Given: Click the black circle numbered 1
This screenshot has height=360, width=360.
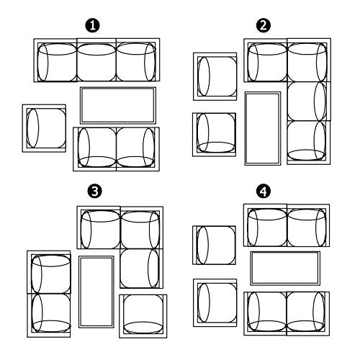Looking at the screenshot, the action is pyautogui.click(x=92, y=25).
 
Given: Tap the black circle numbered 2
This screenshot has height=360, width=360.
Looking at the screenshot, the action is pyautogui.click(x=264, y=25).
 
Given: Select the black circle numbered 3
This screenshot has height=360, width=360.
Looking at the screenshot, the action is pyautogui.click(x=94, y=192).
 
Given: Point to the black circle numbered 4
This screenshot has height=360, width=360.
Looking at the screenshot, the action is pyautogui.click(x=264, y=192).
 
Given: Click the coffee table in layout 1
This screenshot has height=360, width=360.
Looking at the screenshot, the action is pyautogui.click(x=118, y=105).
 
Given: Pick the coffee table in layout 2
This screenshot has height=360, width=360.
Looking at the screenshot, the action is pyautogui.click(x=263, y=128).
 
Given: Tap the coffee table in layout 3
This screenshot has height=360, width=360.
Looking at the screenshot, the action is pyautogui.click(x=96, y=292).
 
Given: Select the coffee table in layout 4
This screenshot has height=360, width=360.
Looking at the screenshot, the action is pyautogui.click(x=285, y=268).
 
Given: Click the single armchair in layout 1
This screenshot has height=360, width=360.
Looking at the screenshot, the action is pyautogui.click(x=44, y=128).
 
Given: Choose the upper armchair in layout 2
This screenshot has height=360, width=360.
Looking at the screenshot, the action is pyautogui.click(x=215, y=76).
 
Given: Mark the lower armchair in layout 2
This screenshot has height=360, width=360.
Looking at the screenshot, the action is pyautogui.click(x=215, y=135).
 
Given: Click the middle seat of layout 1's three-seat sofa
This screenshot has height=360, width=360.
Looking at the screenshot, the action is pyautogui.click(x=96, y=60).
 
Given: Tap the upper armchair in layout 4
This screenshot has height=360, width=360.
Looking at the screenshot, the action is pyautogui.click(x=215, y=245).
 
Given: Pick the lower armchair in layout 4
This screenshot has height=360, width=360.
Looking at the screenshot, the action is pyautogui.click(x=215, y=302).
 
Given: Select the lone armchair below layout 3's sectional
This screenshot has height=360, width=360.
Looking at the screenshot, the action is pyautogui.click(x=143, y=316).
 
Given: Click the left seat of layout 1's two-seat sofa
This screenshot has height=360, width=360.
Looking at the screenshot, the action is pyautogui.click(x=95, y=149).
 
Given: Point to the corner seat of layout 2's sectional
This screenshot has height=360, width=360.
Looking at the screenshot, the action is pyautogui.click(x=309, y=60).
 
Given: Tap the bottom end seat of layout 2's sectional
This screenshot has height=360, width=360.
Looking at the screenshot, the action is pyautogui.click(x=309, y=143).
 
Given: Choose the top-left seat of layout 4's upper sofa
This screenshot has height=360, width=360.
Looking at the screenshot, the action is pyautogui.click(x=266, y=225).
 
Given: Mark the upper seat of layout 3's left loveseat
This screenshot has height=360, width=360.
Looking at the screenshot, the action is pyautogui.click(x=49, y=272).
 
